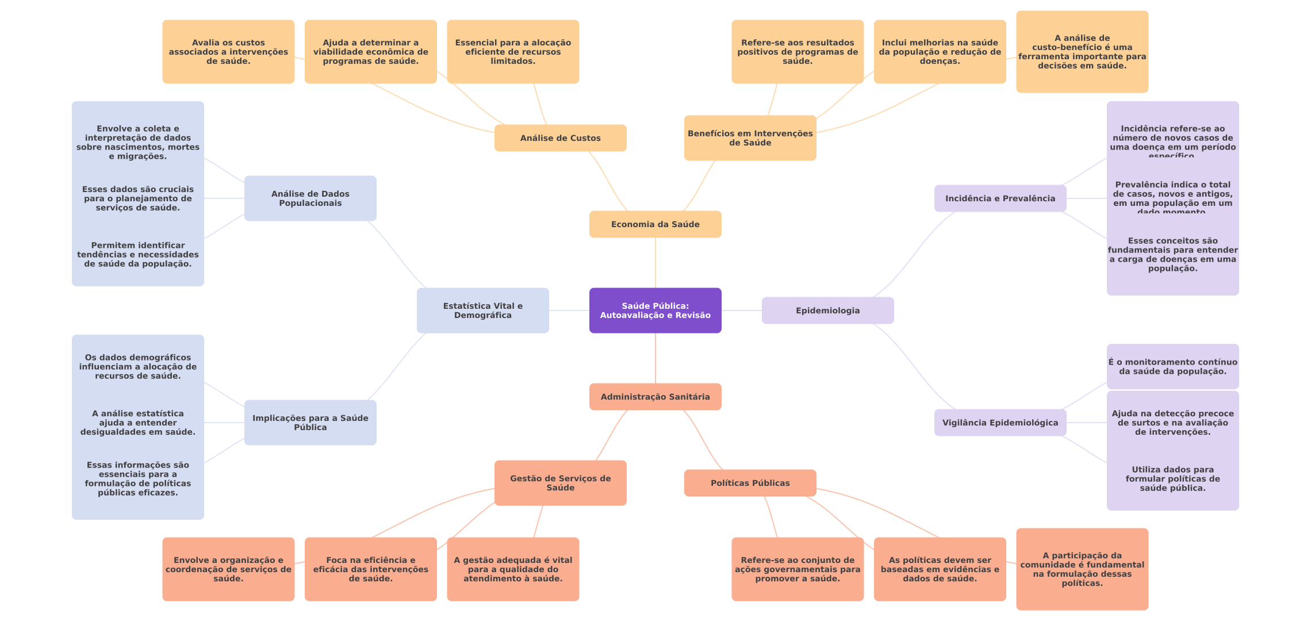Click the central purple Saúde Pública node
[x=655, y=310]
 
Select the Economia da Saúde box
[x=655, y=224]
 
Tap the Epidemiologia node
[x=827, y=310]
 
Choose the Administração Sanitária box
[x=655, y=397]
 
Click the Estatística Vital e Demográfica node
[x=482, y=310]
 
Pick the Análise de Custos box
[x=560, y=138]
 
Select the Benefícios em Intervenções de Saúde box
[x=750, y=138]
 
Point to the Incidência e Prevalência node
[x=1000, y=198]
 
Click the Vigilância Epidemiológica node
[x=1000, y=423]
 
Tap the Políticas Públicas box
[x=750, y=483]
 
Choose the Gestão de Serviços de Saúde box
[x=560, y=483]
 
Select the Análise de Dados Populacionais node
[x=310, y=198]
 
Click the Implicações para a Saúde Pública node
[x=310, y=423]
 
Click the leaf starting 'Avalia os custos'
[x=228, y=52]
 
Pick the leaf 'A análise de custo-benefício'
[x=1082, y=52]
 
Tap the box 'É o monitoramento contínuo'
[x=1172, y=367]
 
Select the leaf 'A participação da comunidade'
[x=1082, y=569]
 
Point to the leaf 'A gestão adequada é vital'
[x=513, y=569]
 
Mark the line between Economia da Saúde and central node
[x=655, y=263]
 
